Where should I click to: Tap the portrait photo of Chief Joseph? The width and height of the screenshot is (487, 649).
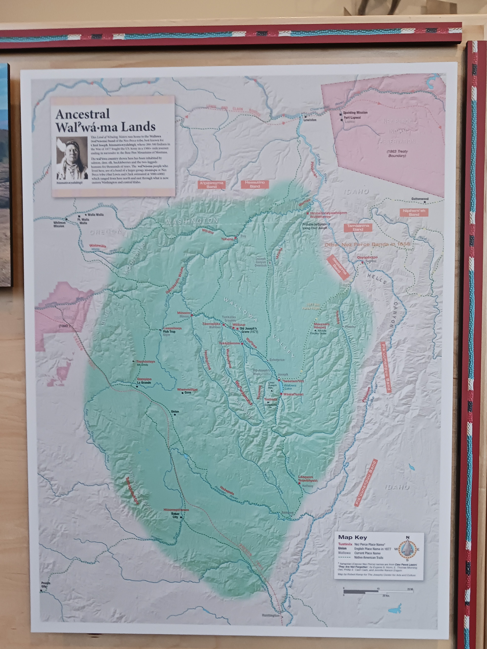coord(72,158)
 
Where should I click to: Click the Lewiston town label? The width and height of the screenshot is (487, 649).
coord(310,120)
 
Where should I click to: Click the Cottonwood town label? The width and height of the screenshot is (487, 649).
coord(420,199)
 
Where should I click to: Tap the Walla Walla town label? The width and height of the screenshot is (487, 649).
coord(95,214)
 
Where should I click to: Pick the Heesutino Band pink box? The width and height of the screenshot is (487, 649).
coord(255,184)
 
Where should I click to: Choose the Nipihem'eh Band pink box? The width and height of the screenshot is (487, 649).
coord(414,212)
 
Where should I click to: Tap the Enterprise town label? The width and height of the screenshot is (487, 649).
coord(277,360)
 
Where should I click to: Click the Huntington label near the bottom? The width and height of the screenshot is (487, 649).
coord(270,615)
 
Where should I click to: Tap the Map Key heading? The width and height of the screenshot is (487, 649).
coord(352,537)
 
